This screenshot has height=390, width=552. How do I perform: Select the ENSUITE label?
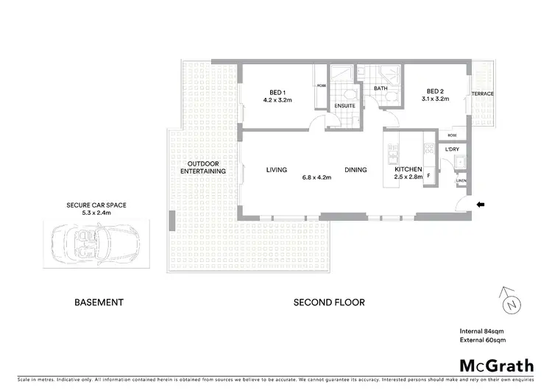tap(344, 106)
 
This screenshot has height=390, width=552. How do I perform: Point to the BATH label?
tap(381, 89)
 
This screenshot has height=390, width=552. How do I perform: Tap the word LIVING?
tap(276, 170)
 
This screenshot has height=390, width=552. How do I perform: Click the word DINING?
tap(355, 170)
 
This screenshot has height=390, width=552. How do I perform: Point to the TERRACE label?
tap(483, 94)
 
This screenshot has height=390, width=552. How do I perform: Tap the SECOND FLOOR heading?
tap(329, 302)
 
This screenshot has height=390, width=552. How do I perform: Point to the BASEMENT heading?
tap(99, 302)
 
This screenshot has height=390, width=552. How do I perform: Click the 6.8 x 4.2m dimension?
tap(317, 177)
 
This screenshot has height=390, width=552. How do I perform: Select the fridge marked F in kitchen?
tap(428, 177)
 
